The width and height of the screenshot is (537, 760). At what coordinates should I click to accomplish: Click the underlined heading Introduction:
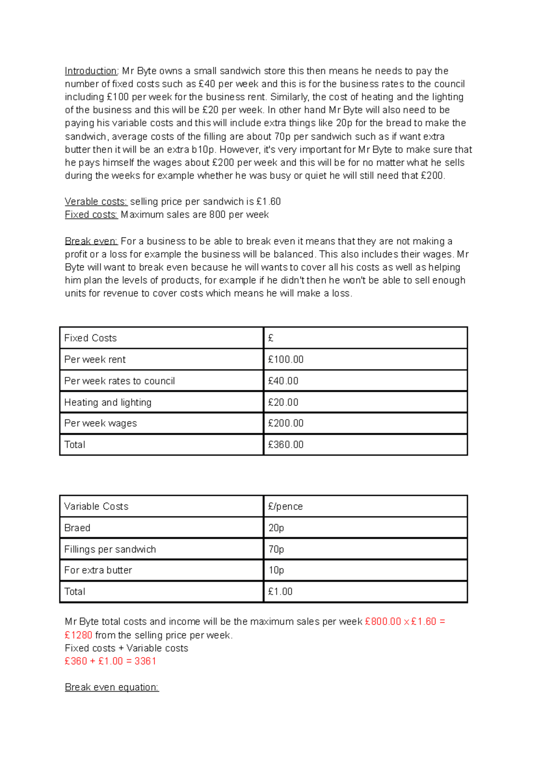(x=91, y=71)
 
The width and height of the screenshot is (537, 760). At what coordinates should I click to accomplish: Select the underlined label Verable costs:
(x=96, y=201)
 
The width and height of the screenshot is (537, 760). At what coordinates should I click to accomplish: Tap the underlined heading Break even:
(x=91, y=241)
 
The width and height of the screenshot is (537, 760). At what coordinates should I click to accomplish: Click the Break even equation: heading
(x=111, y=687)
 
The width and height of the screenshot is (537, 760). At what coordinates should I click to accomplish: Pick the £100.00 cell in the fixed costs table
(x=286, y=359)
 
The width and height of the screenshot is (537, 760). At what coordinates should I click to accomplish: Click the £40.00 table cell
(x=283, y=381)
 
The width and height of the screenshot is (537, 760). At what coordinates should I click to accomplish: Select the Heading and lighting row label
(x=108, y=402)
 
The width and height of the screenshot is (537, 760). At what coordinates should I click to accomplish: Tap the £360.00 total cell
(x=286, y=444)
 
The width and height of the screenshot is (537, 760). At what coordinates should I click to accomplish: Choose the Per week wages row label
(x=101, y=423)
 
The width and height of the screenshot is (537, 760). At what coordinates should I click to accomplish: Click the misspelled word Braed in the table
(x=77, y=528)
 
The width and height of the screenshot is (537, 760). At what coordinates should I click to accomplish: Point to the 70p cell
(x=276, y=549)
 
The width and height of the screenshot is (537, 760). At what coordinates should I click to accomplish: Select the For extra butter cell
(x=98, y=570)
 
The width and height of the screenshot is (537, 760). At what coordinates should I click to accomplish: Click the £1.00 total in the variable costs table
(x=280, y=591)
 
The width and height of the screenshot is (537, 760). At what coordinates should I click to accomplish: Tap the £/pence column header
(x=285, y=506)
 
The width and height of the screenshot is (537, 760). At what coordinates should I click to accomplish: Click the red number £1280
(x=78, y=635)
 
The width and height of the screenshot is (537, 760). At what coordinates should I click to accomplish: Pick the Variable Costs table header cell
(x=96, y=506)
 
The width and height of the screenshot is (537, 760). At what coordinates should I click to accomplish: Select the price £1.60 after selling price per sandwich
(x=268, y=201)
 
